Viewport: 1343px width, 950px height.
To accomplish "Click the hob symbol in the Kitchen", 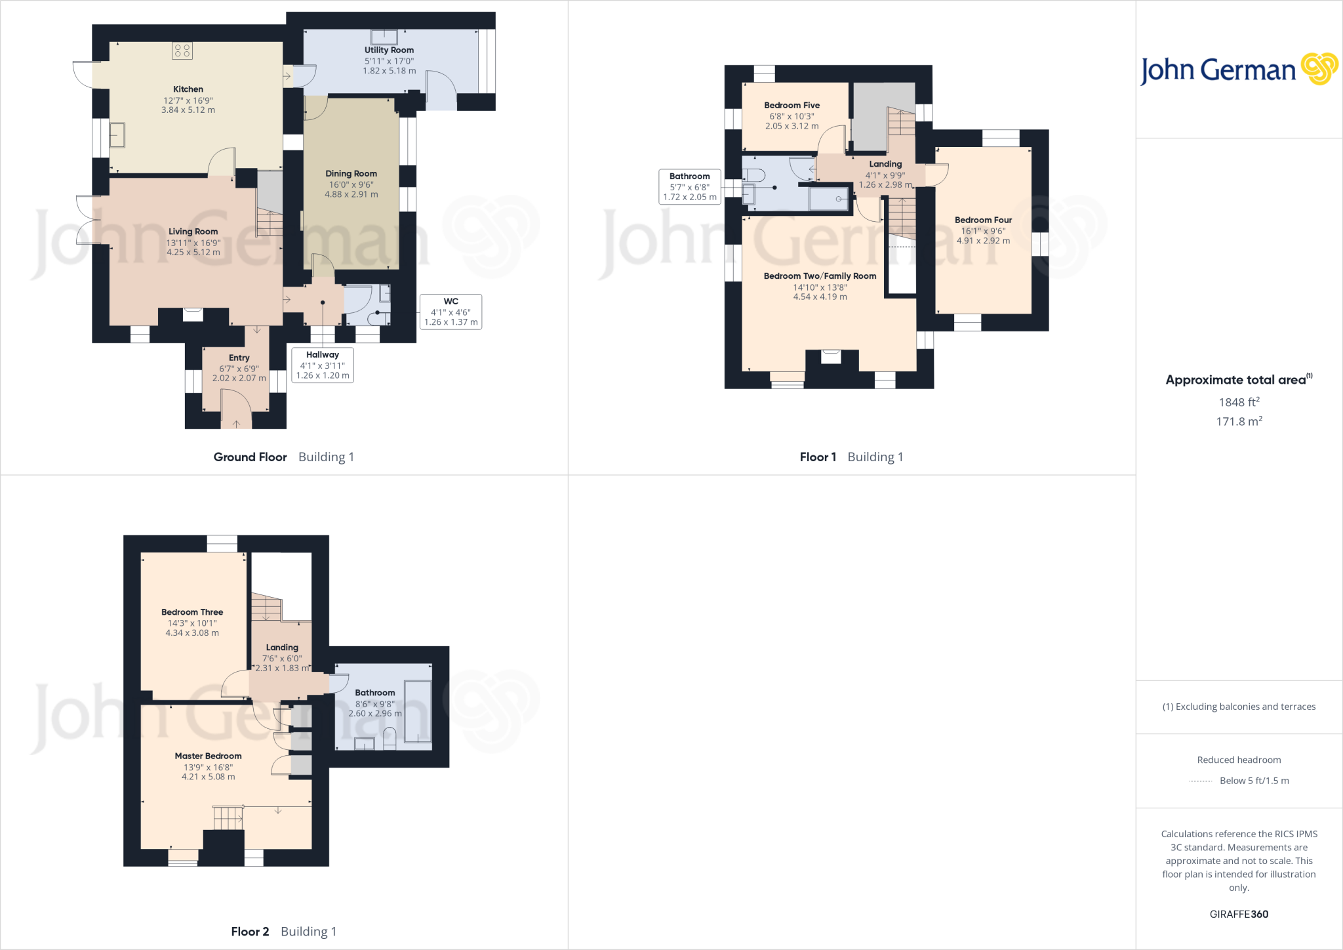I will (x=182, y=51).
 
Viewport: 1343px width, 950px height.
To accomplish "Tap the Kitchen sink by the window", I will (x=117, y=135).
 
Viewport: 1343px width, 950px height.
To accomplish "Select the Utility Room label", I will (x=389, y=50).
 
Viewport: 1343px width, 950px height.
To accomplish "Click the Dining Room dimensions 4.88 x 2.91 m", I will (x=351, y=194).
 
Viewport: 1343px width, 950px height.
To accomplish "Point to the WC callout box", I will (x=451, y=312).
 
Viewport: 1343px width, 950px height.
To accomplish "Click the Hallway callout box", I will (x=322, y=365).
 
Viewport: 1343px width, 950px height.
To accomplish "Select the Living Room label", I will (x=193, y=232).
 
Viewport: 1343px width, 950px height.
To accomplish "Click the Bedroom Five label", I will (x=792, y=105).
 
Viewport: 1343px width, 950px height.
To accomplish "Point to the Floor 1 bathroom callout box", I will (x=689, y=186).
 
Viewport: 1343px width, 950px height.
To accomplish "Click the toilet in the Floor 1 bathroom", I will (x=755, y=175).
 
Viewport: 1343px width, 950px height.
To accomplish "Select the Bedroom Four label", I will (x=983, y=220).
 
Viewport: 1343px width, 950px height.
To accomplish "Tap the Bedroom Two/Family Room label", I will (x=820, y=276).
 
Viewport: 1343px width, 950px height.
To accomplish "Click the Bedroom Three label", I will (x=192, y=612).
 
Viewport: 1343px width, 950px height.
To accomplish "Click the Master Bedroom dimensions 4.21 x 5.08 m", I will (x=208, y=777).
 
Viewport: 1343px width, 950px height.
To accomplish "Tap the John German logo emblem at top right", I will (x=1319, y=69).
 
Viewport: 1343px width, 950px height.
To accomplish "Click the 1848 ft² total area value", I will (x=1239, y=402).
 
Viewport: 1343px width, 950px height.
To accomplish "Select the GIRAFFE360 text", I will (x=1239, y=914).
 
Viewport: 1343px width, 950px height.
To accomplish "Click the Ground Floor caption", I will (x=250, y=457).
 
